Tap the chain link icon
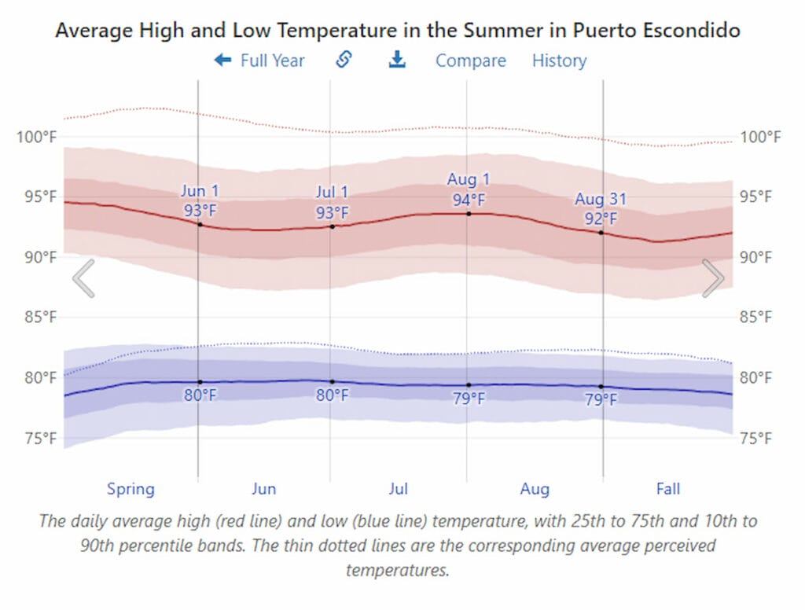(344, 60)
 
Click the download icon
(398, 60)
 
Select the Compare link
(470, 61)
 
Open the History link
(559, 61)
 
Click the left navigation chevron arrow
(83, 278)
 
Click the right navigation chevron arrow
(713, 278)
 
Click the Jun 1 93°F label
(200, 201)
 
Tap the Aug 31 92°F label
(601, 208)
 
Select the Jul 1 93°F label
(333, 202)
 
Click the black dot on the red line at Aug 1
(469, 213)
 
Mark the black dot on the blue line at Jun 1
(200, 382)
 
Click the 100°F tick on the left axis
(37, 138)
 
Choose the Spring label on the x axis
(130, 489)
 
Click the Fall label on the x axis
(668, 489)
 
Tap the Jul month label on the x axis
(399, 489)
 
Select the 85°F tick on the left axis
(37, 318)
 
